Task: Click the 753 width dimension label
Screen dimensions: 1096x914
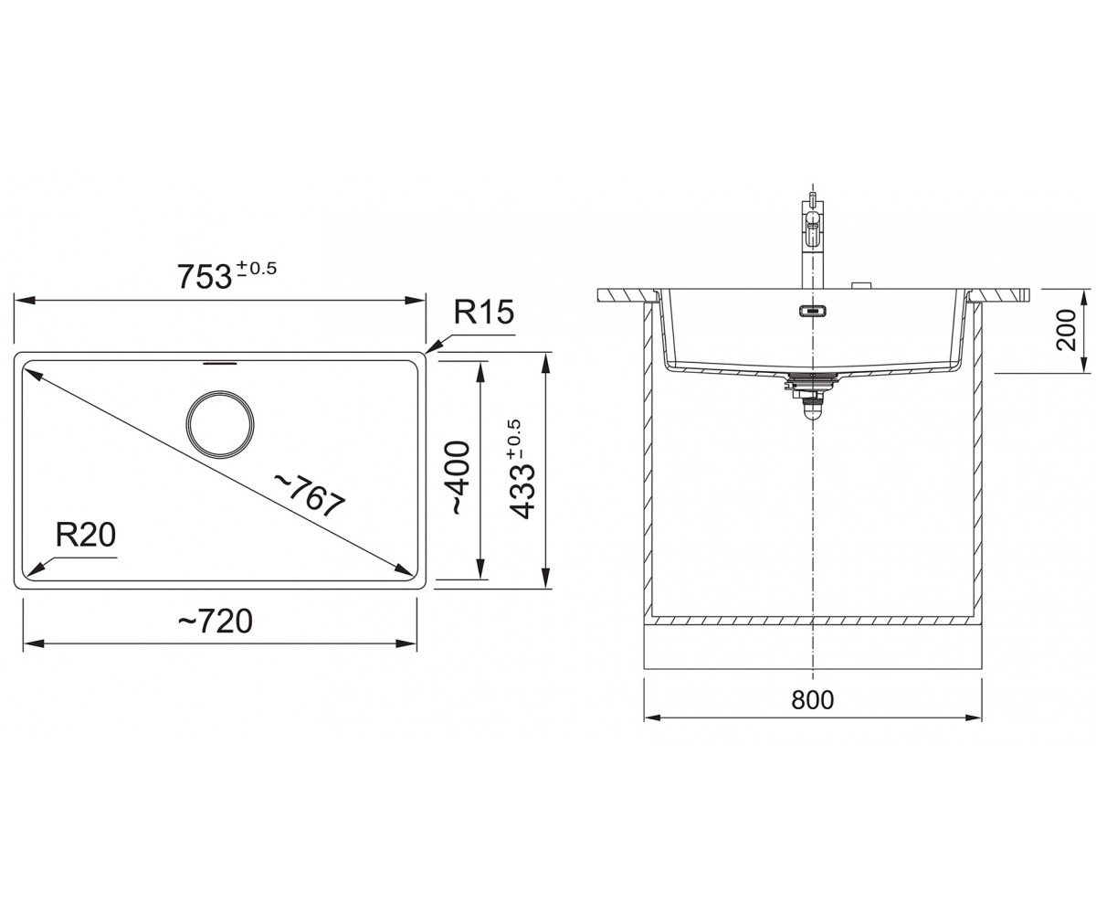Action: [205, 276]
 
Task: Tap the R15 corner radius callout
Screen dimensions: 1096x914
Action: [483, 312]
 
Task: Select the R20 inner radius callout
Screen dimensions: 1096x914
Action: [86, 535]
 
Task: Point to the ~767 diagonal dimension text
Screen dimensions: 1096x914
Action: [310, 495]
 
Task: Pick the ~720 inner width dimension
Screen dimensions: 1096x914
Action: [216, 621]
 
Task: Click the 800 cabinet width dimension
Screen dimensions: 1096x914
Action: [812, 700]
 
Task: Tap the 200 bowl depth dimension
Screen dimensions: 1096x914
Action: [1066, 330]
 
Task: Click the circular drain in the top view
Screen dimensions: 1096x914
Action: [220, 424]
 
